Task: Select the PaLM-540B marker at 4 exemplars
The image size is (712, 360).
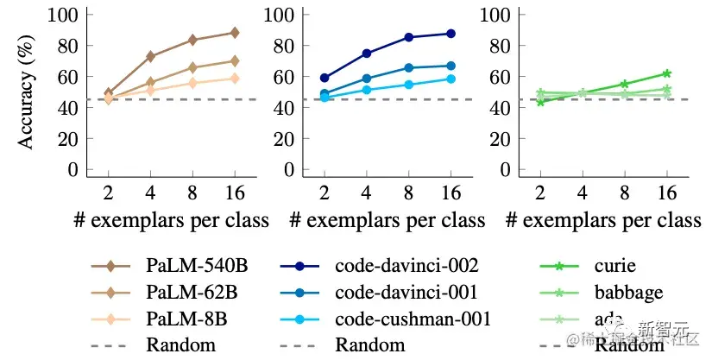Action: [151, 56]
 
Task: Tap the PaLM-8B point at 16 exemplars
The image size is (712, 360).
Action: [234, 79]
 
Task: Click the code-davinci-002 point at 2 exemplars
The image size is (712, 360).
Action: [324, 78]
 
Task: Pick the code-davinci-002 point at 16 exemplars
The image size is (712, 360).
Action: [451, 34]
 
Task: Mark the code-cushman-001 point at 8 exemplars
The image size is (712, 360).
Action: [408, 85]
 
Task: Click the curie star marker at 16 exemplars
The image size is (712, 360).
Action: [666, 73]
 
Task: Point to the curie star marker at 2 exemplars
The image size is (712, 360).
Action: [540, 102]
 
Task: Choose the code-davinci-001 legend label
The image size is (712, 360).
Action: [407, 293]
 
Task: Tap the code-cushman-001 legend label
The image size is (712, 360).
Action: [413, 319]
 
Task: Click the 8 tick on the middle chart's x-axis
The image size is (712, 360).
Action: [408, 191]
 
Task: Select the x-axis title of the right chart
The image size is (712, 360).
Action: [603, 220]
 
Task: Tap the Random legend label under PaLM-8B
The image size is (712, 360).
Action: [181, 346]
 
